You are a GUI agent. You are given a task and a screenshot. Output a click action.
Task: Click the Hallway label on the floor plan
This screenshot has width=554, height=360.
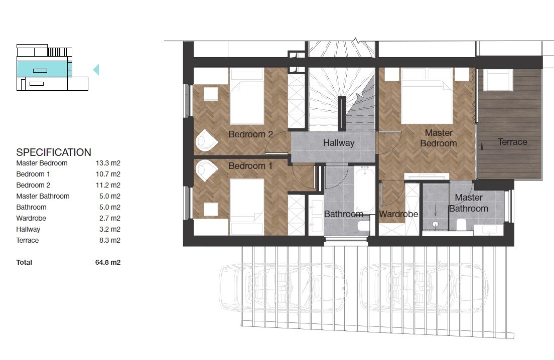pyautogui.click(x=339, y=143)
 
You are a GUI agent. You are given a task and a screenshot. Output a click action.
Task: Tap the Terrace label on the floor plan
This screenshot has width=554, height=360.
pyautogui.click(x=512, y=142)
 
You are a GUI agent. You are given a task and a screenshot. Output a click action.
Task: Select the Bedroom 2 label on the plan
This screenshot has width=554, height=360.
pyautogui.click(x=250, y=134)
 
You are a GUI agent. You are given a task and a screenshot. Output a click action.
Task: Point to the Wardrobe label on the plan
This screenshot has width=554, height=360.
pyautogui.click(x=398, y=214)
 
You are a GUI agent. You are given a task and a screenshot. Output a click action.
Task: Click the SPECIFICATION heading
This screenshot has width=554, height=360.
pyautogui.click(x=54, y=152)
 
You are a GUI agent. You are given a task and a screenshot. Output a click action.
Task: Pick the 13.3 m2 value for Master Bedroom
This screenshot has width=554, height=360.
pyautogui.click(x=108, y=163)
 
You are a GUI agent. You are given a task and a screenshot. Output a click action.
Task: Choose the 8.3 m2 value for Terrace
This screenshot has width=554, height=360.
pyautogui.click(x=110, y=240)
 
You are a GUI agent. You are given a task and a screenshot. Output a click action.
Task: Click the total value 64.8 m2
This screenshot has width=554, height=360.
pyautogui.click(x=108, y=262)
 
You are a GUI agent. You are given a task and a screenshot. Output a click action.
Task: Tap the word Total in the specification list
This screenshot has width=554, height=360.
pyautogui.click(x=24, y=262)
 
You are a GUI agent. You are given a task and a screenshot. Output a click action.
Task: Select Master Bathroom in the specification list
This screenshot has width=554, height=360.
pyautogui.click(x=43, y=196)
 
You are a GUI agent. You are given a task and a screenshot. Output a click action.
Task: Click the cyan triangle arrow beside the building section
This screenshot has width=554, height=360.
pyautogui.click(x=96, y=70)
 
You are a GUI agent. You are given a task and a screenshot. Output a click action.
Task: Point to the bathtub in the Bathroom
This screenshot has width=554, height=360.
pyautogui.click(x=365, y=191)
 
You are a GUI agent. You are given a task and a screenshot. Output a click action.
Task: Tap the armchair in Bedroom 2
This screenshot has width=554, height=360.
pyautogui.click(x=206, y=141)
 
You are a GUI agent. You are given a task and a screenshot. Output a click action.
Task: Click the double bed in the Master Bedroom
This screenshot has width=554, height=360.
pyautogui.click(x=427, y=96)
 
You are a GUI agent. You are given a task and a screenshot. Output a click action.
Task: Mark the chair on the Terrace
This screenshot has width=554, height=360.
pyautogui.click(x=498, y=80)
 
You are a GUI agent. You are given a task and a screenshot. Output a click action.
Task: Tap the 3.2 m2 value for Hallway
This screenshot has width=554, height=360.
pyautogui.click(x=110, y=230)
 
